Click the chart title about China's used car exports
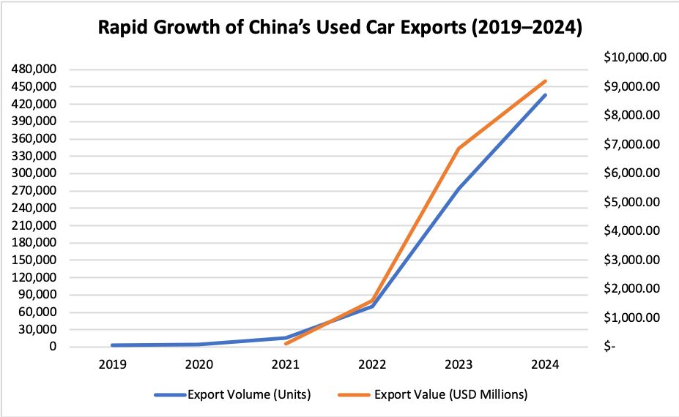coord(339,29)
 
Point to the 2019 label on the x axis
coord(114,365)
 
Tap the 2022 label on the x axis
coord(372,365)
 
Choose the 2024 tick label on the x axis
coord(545,365)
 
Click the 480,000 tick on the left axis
coord(35,69)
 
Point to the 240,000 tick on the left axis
coord(35,209)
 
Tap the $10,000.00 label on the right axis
coord(634,58)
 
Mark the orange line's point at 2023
coord(459,149)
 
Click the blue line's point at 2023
coord(459,189)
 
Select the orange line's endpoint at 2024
coord(545,81)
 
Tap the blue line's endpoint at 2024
coord(545,95)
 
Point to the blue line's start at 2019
coord(114,345)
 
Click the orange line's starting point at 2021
coord(286,344)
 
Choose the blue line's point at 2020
coord(199,345)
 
